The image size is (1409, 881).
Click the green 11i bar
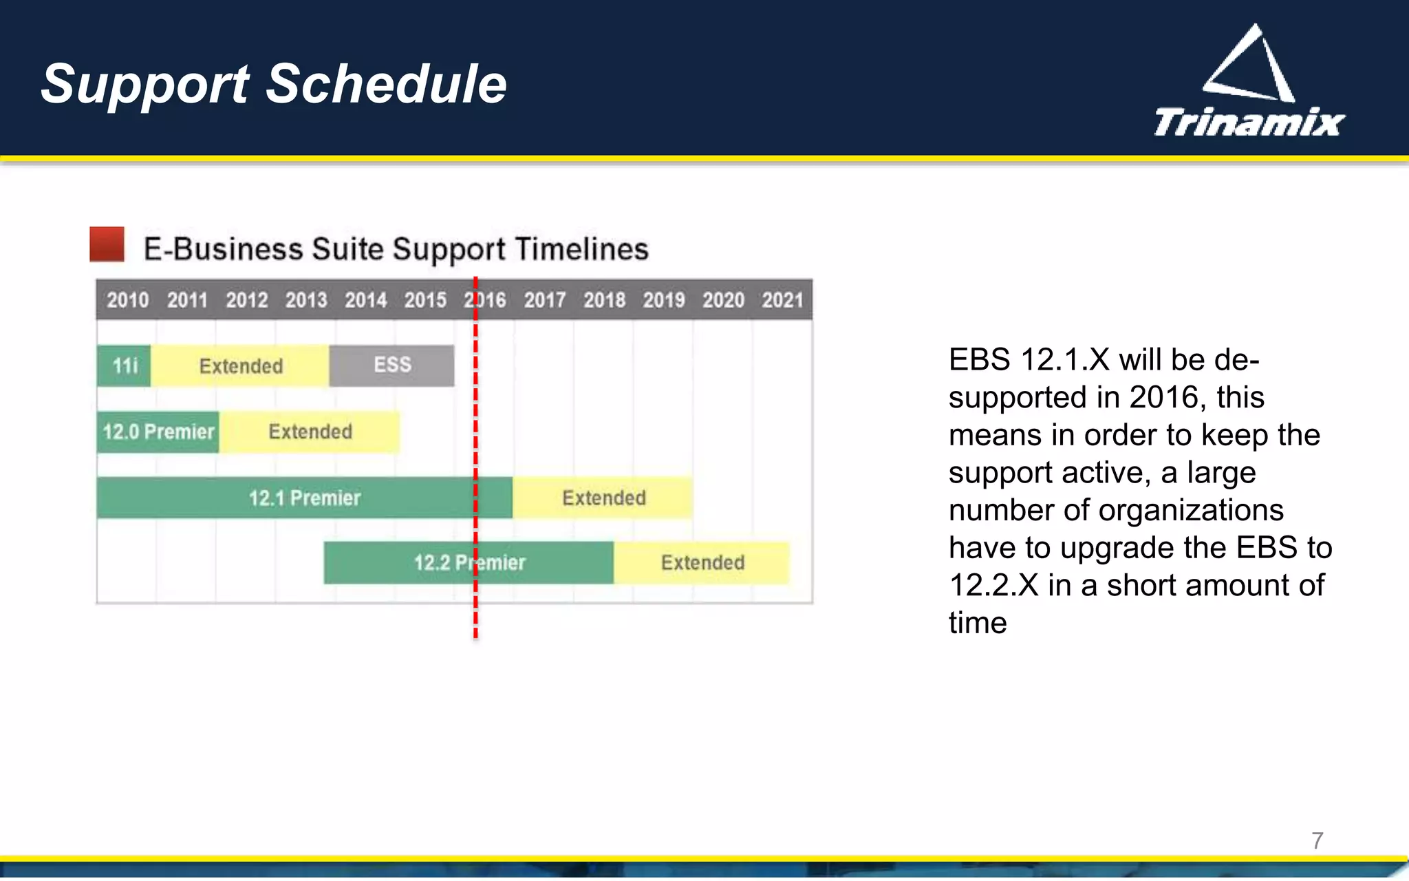click(124, 365)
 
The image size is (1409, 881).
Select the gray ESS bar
click(391, 365)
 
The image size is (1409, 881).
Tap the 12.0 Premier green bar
click(158, 432)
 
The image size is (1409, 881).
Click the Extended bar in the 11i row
click(240, 365)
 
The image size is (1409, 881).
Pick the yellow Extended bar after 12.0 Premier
click(310, 432)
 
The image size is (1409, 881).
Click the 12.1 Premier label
click(304, 498)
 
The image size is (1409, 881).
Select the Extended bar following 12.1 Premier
click(603, 498)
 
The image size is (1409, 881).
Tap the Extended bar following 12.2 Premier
click(702, 563)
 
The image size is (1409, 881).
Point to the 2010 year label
click(127, 300)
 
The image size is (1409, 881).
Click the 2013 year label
click(306, 300)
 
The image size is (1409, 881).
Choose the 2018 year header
click(604, 300)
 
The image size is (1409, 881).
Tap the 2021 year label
click(782, 300)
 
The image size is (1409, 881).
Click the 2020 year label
click(723, 300)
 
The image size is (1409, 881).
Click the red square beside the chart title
click(107, 244)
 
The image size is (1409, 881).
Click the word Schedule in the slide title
click(386, 84)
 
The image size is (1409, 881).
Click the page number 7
click(1317, 840)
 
